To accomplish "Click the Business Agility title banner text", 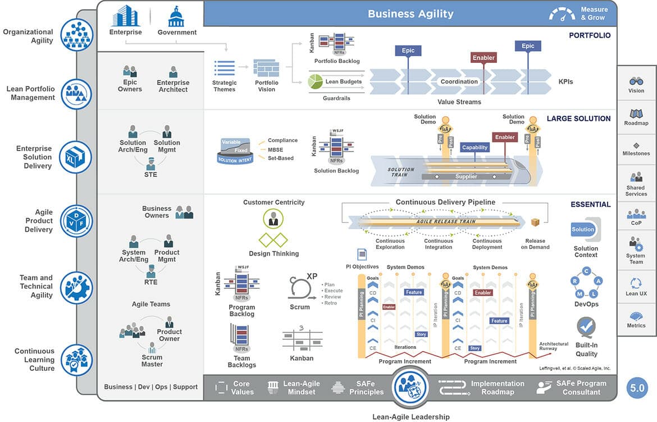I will coord(410,13).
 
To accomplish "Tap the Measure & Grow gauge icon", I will coord(563,14).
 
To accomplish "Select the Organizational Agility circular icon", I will coord(76,35).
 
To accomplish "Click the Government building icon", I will coord(176,16).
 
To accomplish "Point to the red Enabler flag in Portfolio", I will coord(483,57).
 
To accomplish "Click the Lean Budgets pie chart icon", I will coord(315,82).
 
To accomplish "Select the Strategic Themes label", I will coord(225,86).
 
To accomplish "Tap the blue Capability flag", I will coord(474,147).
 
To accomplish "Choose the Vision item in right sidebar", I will coord(636,85).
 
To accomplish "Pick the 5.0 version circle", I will coord(637,388).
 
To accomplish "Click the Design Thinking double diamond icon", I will coord(273,240).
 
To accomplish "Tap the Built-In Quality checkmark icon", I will coord(586,327).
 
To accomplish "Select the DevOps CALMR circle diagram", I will coord(586,283).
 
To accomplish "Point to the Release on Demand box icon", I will coord(535,223).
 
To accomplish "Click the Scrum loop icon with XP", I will coord(300,287).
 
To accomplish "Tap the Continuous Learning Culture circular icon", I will coord(76,360).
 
